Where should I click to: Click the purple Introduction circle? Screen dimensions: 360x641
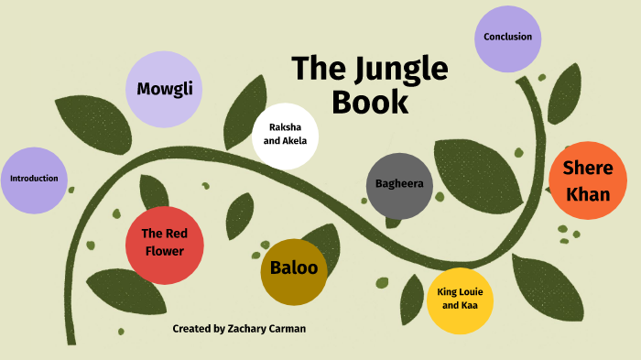[x=34, y=179]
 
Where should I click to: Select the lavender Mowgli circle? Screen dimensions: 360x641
[x=163, y=90]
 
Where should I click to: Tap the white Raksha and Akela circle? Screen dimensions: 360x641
[x=285, y=136]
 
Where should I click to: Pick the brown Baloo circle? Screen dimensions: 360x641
[x=294, y=269]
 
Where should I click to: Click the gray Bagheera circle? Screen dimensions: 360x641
[x=399, y=184]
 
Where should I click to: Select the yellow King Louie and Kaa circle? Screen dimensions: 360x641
[x=461, y=299]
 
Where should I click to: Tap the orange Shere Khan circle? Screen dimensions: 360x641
[x=587, y=181]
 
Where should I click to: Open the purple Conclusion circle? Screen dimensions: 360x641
[x=507, y=38]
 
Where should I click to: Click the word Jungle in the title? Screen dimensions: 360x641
[x=398, y=70]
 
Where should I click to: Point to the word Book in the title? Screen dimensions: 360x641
[x=370, y=102]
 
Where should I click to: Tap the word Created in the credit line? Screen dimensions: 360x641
[x=191, y=328]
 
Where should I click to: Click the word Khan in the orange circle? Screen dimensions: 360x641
[x=588, y=194]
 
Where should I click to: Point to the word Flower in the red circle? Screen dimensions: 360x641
[x=163, y=252]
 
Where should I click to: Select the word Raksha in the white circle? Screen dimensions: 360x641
[x=285, y=127]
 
